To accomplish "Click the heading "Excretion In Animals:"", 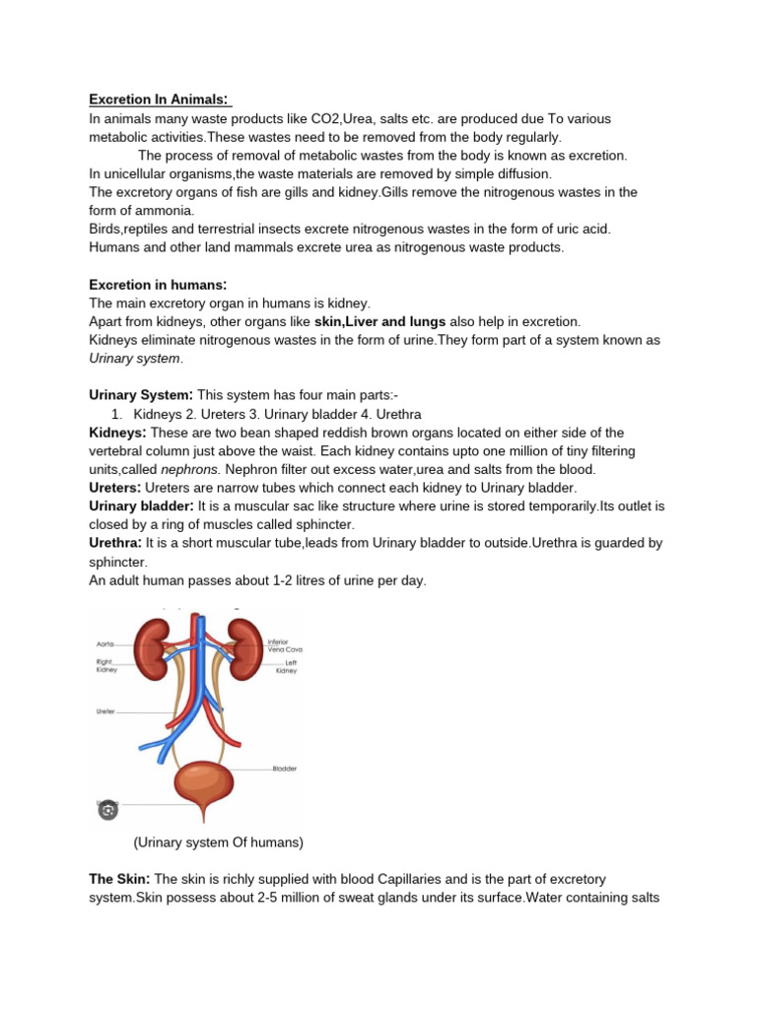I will point(159,100).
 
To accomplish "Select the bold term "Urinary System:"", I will point(141,395).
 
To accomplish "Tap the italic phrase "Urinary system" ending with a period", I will point(136,359).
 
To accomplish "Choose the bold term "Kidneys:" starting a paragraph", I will point(117,433).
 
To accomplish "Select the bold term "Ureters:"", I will point(115,488).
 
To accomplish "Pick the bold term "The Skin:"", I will point(119,878).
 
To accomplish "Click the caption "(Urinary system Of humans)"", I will point(219,842).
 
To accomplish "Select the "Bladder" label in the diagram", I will point(284,768).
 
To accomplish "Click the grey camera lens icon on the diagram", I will point(107,810).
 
